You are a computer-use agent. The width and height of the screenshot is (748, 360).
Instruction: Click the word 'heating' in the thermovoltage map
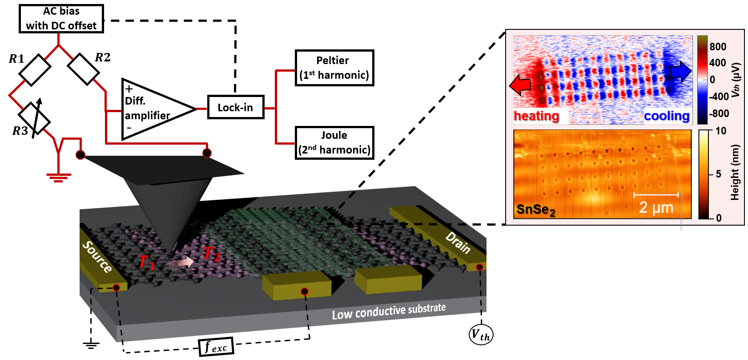(x=536, y=116)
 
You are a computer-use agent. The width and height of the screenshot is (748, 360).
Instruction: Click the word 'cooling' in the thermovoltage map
(x=667, y=116)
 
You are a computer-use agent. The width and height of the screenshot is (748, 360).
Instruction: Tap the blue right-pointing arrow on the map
(x=680, y=71)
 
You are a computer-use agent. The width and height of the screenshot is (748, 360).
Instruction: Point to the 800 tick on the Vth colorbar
(x=718, y=47)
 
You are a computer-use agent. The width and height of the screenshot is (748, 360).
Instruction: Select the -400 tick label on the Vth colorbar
(x=719, y=97)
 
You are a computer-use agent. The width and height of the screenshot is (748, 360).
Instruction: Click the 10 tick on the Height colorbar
(x=721, y=131)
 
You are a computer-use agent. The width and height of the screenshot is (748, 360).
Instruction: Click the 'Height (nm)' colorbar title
(x=735, y=173)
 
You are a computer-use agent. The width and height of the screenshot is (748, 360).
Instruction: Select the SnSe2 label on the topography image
(x=535, y=210)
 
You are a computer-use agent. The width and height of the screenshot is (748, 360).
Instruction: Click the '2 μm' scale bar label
(x=656, y=207)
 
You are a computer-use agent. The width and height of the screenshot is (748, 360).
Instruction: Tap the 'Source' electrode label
(x=97, y=257)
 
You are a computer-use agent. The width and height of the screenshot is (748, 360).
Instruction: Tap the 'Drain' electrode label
(x=458, y=243)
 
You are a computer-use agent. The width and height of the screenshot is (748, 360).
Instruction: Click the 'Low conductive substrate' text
(x=389, y=311)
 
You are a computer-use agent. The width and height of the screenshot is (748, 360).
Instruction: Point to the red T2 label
(x=211, y=254)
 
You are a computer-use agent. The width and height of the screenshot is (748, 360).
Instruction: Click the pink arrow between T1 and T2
(x=181, y=263)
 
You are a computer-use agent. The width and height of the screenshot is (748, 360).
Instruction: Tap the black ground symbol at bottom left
(x=91, y=344)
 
